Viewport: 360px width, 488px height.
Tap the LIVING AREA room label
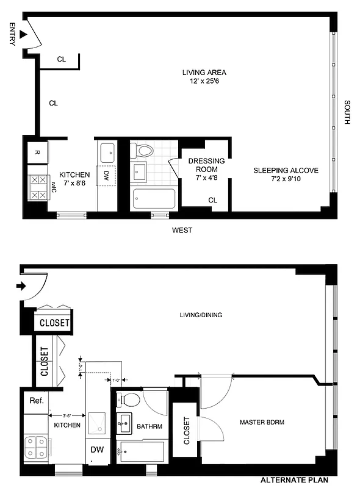pos(200,77)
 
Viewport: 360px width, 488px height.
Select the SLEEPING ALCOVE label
pos(286,174)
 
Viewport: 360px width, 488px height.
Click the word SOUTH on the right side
pos(347,113)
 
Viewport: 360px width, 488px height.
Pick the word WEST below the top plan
pos(182,230)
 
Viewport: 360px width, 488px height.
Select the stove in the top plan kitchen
pos(38,187)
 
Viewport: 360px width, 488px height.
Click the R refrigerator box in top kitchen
pos(37,152)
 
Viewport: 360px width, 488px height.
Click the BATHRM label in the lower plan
pos(149,426)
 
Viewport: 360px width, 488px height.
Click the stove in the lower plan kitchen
pos(36,449)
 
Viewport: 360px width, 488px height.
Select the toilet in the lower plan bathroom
pos(129,400)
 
